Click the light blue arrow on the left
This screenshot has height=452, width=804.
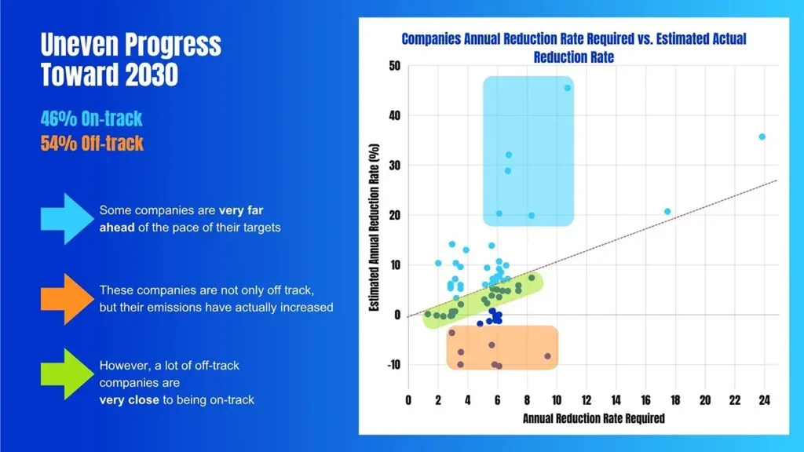pyautogui.click(x=66, y=218)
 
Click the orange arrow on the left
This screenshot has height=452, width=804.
pyautogui.click(x=66, y=298)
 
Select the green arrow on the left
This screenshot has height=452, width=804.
pyautogui.click(x=66, y=374)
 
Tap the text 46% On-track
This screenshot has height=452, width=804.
pyautogui.click(x=91, y=119)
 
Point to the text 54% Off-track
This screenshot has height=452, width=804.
pyautogui.click(x=92, y=144)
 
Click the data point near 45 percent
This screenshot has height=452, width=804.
pyautogui.click(x=568, y=88)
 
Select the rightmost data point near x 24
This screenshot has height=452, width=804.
pyautogui.click(x=762, y=137)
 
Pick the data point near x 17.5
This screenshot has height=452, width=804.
pyautogui.click(x=667, y=211)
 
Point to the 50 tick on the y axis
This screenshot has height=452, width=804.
pyautogui.click(x=393, y=66)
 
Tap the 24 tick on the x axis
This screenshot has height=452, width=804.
pyautogui.click(x=764, y=400)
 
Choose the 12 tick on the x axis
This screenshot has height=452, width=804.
pyautogui.click(x=586, y=400)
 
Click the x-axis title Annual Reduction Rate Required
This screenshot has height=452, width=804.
pyautogui.click(x=594, y=418)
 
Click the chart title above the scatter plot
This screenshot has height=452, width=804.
pyautogui.click(x=573, y=47)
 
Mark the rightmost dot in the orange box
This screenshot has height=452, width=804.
pyautogui.click(x=547, y=356)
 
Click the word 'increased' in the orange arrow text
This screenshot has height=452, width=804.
pyautogui.click(x=307, y=307)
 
